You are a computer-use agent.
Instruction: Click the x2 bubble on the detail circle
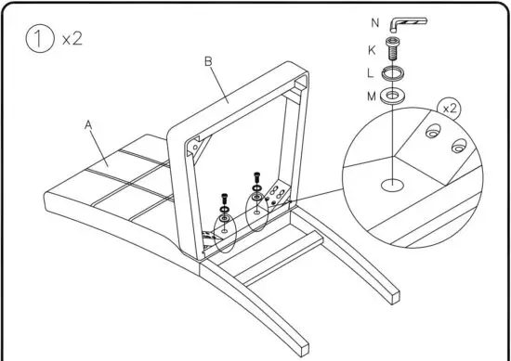pos(451,109)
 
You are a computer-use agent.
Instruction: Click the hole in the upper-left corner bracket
pos(193,147)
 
